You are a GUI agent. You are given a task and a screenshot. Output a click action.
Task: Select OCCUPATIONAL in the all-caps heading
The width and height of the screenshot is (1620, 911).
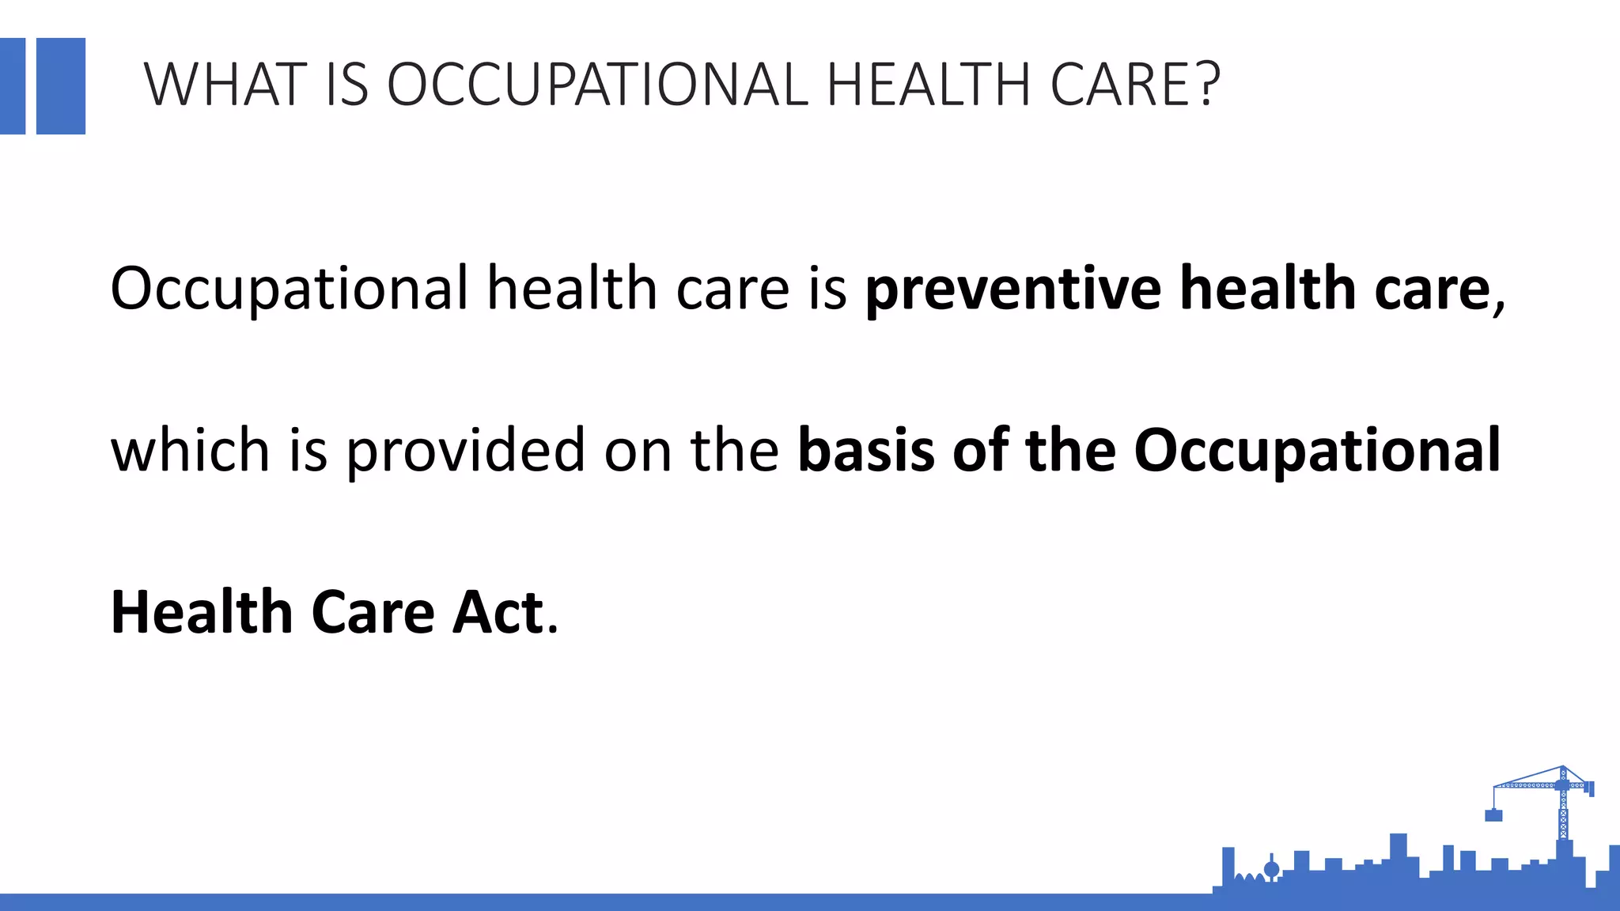point(597,85)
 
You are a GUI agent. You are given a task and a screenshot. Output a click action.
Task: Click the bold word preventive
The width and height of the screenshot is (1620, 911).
point(1012,289)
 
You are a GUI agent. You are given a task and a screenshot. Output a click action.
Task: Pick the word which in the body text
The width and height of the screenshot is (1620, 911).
point(190,451)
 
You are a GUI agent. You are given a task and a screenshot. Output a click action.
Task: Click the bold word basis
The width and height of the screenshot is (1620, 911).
point(866,451)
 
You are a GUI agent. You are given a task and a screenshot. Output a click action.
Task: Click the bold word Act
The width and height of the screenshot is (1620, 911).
point(498,613)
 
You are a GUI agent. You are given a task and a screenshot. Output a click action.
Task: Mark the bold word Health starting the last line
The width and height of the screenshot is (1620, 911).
point(202,613)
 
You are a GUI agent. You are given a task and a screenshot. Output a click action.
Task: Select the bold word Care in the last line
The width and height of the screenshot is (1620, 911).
point(373,613)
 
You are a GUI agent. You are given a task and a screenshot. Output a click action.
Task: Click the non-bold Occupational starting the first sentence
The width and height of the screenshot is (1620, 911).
point(290,289)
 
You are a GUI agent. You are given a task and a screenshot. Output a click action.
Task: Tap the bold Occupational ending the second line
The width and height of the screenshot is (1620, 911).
point(1317,451)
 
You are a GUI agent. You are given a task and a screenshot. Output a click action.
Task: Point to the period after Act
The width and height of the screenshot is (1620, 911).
point(553,629)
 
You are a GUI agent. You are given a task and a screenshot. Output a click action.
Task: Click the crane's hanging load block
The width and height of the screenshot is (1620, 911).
point(1493,815)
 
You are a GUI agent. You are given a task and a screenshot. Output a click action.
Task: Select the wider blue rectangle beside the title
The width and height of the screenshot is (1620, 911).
point(61,86)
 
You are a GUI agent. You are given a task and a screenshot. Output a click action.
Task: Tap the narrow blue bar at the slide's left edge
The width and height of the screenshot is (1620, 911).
point(13,86)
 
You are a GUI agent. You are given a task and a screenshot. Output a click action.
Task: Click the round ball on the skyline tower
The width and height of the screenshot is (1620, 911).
point(1272,870)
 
